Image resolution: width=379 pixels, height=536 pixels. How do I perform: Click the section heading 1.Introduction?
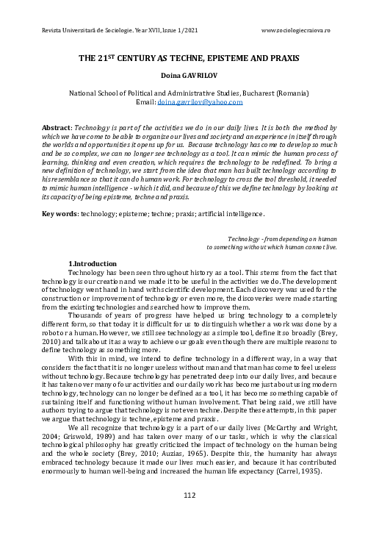[92, 263]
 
